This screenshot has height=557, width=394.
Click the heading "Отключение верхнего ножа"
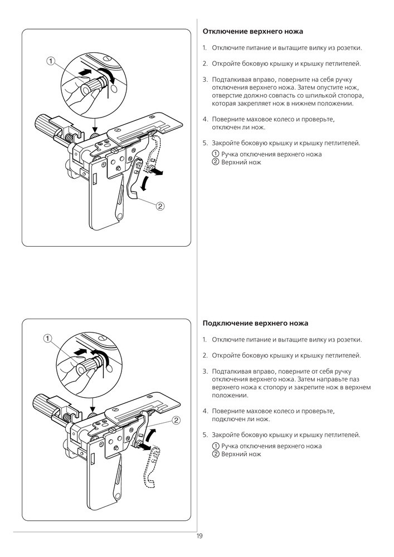[x=252, y=32]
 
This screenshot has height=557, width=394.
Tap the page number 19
[x=199, y=536]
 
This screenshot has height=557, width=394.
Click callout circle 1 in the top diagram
[x=51, y=61]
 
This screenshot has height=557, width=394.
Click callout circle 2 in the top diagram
[x=160, y=206]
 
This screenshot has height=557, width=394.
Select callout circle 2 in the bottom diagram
[x=176, y=419]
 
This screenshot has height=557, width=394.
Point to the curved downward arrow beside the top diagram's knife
[x=146, y=182]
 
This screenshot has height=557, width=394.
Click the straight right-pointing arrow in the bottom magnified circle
[x=82, y=351]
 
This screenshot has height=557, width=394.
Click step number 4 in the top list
[x=205, y=119]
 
